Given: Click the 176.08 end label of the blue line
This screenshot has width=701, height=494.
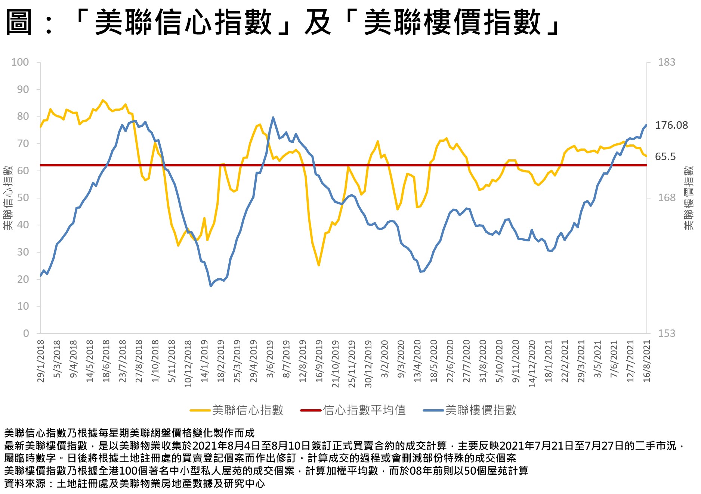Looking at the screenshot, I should tap(671, 125).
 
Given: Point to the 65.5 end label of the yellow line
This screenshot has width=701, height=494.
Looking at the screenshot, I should tap(665, 157).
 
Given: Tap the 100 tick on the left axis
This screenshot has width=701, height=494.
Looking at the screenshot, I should tap(20, 62).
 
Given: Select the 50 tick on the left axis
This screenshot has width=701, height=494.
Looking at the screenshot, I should tap(23, 198).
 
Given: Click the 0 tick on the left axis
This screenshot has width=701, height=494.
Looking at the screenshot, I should tap(26, 333).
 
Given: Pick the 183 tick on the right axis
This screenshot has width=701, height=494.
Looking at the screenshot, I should tap(667, 62).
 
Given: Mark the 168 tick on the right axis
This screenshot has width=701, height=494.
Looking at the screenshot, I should tap(667, 198).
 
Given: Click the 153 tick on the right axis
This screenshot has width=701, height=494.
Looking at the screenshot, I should tap(667, 333).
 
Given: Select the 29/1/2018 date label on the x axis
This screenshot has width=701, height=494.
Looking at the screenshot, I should tap(41, 361).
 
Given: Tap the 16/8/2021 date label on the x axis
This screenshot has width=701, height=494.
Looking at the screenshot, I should tap(647, 361).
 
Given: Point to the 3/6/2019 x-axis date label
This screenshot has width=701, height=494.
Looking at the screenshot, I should tap(270, 359).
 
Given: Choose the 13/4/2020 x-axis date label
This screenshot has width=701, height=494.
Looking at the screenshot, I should tap(417, 361).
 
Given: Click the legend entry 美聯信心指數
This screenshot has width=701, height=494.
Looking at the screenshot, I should tap(247, 410).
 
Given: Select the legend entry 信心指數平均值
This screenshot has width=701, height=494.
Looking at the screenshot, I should tap(364, 410).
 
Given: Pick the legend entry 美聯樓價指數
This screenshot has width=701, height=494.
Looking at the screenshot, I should tap(481, 410).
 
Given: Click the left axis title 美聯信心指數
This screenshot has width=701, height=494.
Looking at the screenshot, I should tap(8, 198).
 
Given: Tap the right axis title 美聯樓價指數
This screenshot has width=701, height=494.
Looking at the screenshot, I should tap(688, 198).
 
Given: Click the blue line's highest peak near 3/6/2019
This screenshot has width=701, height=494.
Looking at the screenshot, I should tap(273, 118).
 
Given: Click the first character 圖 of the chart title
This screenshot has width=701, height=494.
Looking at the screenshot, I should tap(19, 22).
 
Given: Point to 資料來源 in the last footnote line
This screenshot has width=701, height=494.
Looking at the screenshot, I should tap(25, 484).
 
